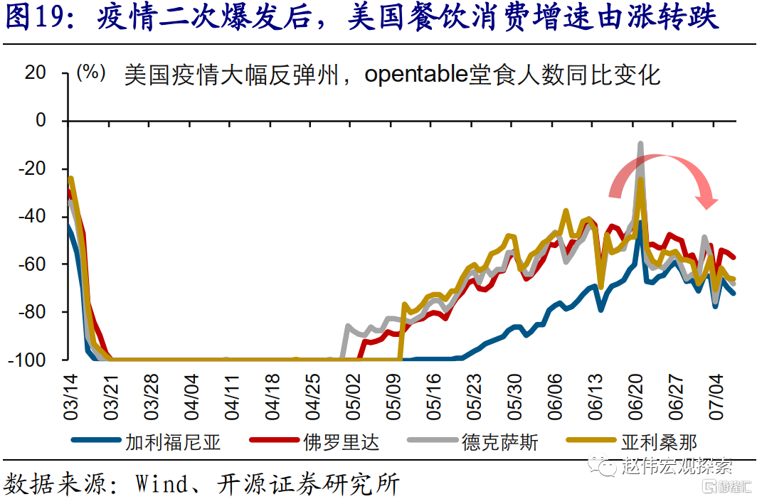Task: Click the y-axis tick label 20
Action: click(x=35, y=73)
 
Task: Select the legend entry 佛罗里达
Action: click(x=341, y=442)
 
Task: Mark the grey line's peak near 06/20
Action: click(x=640, y=144)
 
